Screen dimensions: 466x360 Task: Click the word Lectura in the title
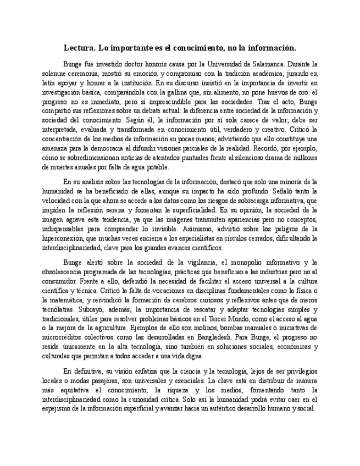80,48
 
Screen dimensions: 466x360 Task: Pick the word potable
157,168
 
